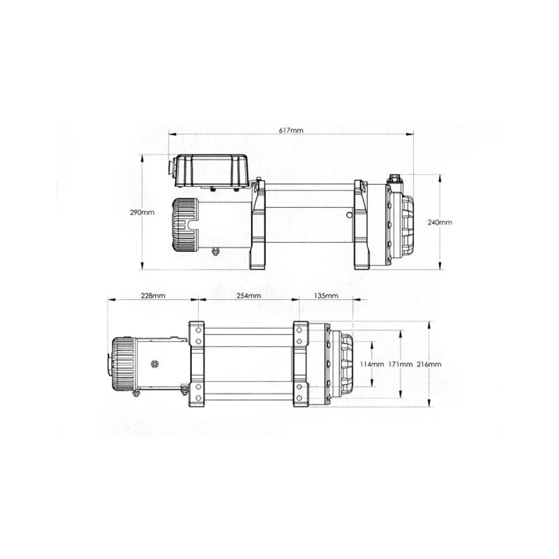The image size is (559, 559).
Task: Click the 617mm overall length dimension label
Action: [x=291, y=130]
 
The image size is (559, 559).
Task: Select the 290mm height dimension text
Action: [x=142, y=213]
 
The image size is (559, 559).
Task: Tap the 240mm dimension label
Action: [x=440, y=222]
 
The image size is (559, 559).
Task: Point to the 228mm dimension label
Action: [x=153, y=296]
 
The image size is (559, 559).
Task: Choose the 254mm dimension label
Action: [x=248, y=296]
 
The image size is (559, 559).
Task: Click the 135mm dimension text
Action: [x=326, y=296]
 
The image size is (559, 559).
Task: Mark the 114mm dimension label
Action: [x=372, y=364]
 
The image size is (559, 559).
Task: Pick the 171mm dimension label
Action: [x=400, y=364]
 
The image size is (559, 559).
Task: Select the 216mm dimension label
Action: [x=429, y=364]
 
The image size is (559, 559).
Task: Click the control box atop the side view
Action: [x=212, y=171]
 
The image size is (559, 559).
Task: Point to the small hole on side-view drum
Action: [x=348, y=215]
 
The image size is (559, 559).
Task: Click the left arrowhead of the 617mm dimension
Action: [x=172, y=135]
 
